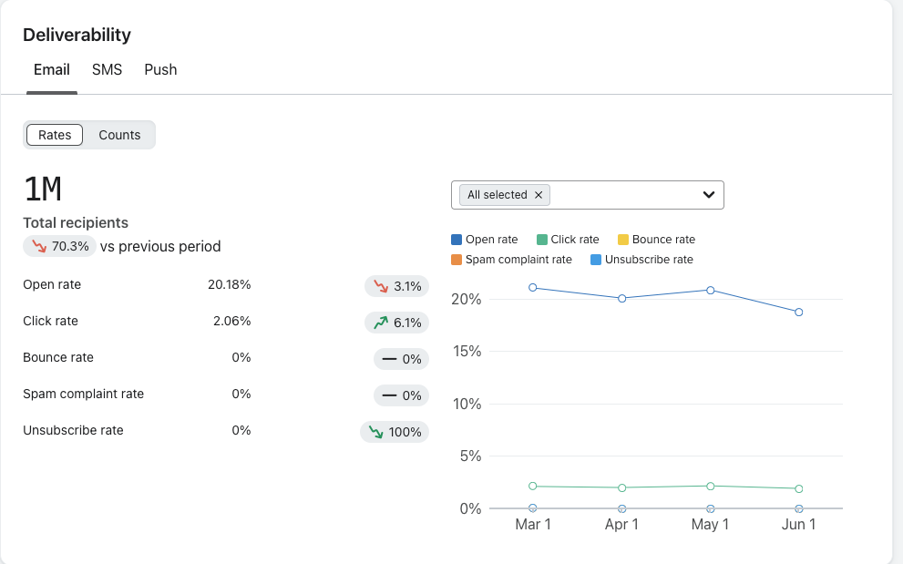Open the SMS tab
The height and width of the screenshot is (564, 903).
click(107, 69)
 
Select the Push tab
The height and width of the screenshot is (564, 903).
click(160, 69)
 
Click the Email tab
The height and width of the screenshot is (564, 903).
click(52, 69)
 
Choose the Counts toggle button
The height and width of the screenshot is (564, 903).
click(119, 135)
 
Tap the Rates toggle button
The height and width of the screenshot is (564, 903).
click(55, 135)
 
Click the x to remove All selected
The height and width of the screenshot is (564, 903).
click(539, 195)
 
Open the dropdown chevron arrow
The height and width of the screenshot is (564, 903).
click(708, 195)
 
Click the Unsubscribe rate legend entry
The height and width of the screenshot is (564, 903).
click(641, 260)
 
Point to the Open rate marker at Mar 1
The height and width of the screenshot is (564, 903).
click(533, 288)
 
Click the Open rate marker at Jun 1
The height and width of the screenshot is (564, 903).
click(799, 312)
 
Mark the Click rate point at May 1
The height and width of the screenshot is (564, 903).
click(711, 486)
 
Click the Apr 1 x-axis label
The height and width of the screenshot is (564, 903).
click(622, 525)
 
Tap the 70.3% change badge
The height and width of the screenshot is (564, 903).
click(59, 246)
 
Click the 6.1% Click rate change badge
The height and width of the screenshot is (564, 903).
click(396, 323)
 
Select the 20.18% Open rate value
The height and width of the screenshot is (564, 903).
click(229, 284)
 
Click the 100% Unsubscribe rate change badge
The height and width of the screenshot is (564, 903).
click(395, 432)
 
